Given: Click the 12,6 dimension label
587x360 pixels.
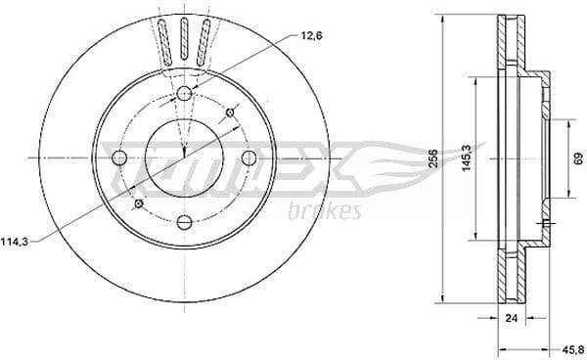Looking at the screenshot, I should coord(310,37).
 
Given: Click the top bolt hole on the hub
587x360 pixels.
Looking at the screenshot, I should coord(183,94).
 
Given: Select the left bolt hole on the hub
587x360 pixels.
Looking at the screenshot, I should coord(119,157).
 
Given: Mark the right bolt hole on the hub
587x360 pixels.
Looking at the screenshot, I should coord(248,157).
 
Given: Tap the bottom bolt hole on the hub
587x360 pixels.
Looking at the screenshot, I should coord(183,221).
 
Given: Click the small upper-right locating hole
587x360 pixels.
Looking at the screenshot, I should coord(230,112).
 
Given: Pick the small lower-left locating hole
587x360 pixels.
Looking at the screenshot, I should coord(138,203).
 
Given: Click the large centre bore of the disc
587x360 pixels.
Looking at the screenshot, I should coord(183,157).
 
